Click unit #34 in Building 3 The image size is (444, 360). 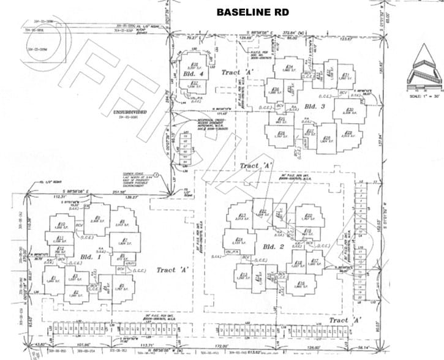point(288,68)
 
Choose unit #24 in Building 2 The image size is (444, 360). point(239,239)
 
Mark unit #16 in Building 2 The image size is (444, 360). point(301,283)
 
